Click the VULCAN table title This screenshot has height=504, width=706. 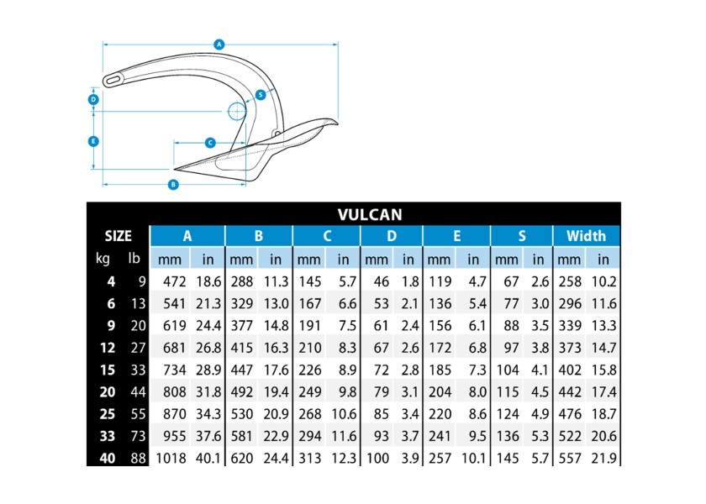370,215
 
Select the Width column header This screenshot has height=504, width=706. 586,236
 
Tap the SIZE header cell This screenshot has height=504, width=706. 118,236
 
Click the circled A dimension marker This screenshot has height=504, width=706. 219,45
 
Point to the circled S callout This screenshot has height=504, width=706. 261,95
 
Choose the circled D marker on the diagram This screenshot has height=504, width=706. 93,99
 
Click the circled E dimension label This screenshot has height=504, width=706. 93,141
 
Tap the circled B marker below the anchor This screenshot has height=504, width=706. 173,185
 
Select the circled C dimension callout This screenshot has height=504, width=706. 210,143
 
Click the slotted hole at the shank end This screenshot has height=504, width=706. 113,80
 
